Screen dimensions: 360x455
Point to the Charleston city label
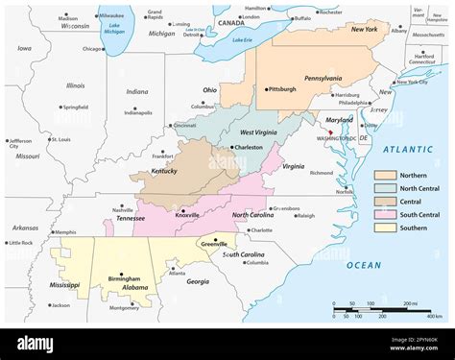click(x=249, y=147)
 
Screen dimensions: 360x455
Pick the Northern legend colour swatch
click(x=385, y=176)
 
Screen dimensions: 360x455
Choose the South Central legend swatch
click(x=385, y=215)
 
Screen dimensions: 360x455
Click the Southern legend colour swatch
click(x=385, y=228)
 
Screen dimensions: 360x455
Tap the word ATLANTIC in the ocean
click(x=409, y=150)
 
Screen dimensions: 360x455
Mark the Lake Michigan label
click(x=117, y=29)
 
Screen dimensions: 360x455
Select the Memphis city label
click(x=64, y=232)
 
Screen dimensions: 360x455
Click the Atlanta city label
click(x=177, y=273)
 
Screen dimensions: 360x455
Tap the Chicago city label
click(x=93, y=48)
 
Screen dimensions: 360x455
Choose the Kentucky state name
click(x=163, y=171)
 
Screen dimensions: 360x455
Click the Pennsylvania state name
click(x=323, y=78)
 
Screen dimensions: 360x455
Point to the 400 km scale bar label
click(x=434, y=316)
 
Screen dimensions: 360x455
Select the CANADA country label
click(x=230, y=21)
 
